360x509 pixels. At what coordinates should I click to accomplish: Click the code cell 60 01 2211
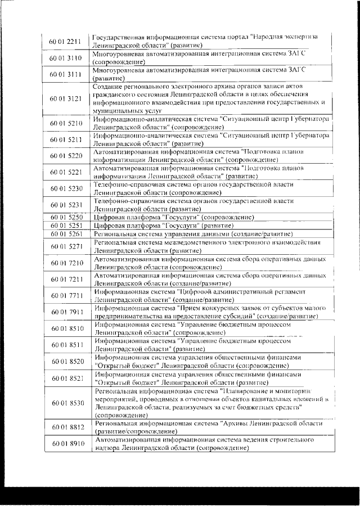66,40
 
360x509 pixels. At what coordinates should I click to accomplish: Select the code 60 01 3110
66,58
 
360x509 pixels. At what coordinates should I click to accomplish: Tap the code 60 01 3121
66,99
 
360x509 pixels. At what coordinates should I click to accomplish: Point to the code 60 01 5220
66,155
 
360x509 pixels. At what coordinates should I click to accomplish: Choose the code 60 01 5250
66,217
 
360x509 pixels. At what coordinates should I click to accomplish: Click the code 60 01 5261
66,233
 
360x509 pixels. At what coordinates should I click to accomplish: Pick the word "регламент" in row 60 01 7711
286,292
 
